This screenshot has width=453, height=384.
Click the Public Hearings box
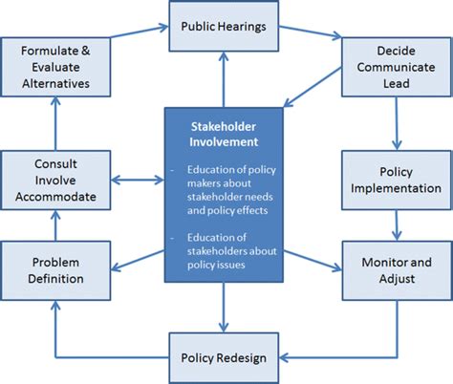224,26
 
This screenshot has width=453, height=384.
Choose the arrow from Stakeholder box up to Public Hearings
223,78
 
